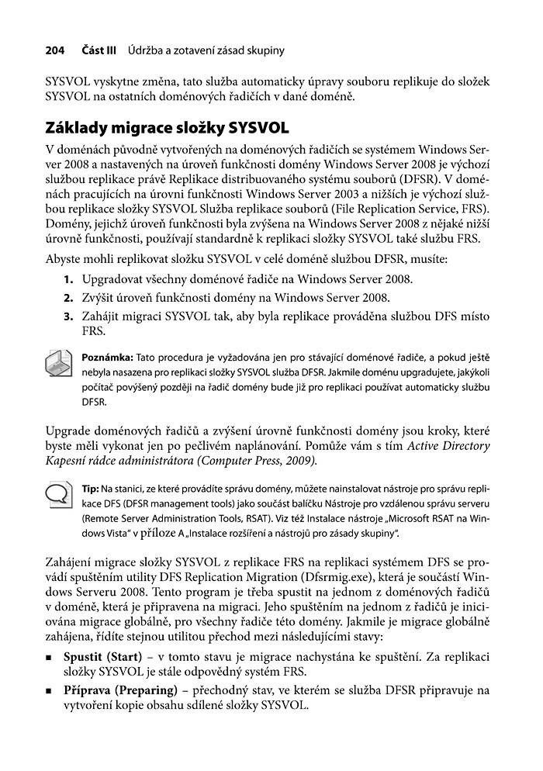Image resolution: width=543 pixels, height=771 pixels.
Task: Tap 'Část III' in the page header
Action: pyautogui.click(x=99, y=51)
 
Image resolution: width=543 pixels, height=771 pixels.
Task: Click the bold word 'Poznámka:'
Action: pyautogui.click(x=107, y=358)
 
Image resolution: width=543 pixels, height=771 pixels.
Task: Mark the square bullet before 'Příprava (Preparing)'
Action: pyautogui.click(x=50, y=693)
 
